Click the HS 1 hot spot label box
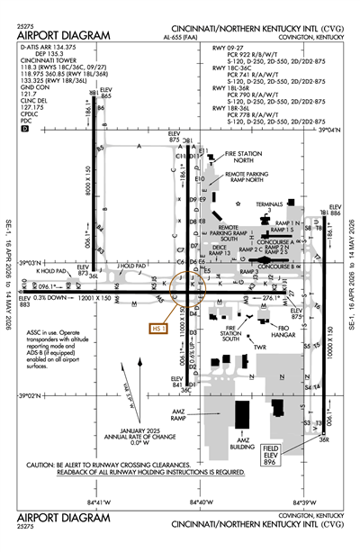tap(158, 329)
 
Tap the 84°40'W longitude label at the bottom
tap(200, 502)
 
